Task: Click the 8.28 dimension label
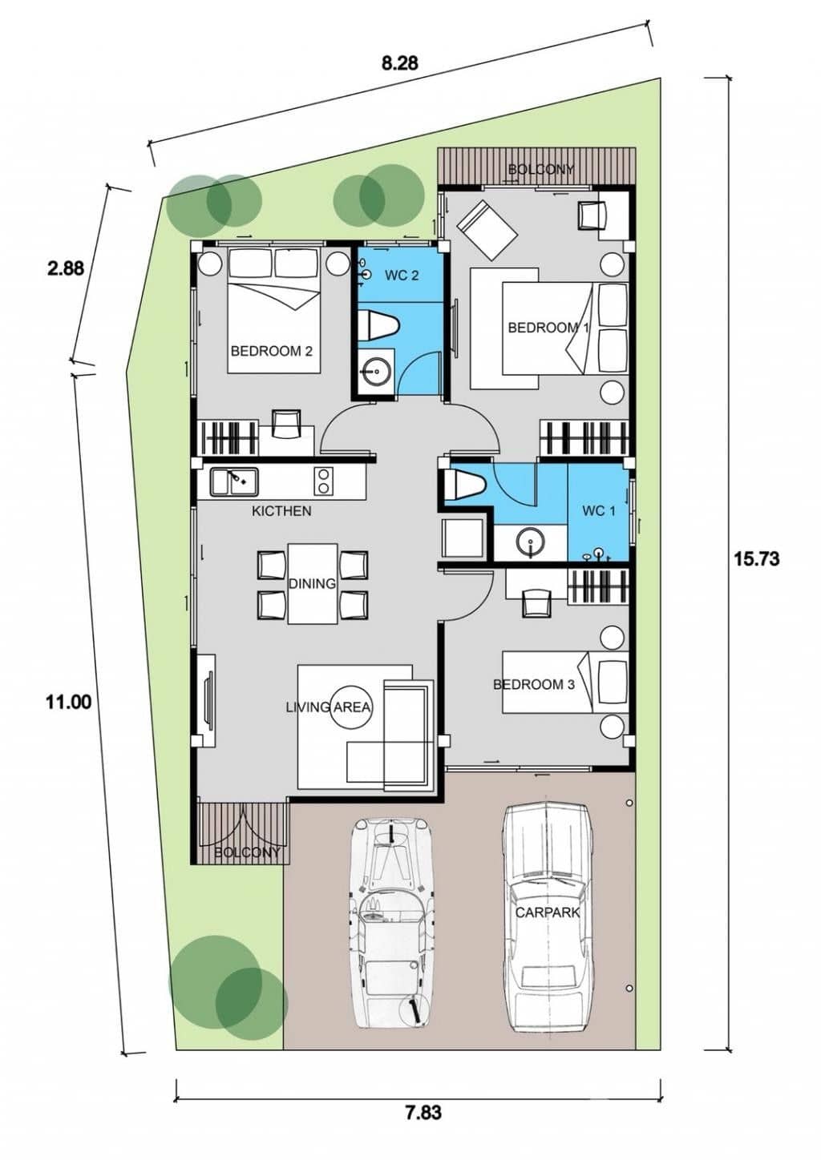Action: [x=399, y=62]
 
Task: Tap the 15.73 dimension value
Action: [x=756, y=558]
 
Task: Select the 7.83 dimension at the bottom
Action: [x=423, y=1112]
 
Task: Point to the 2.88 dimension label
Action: [x=66, y=268]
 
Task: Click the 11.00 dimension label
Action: [x=68, y=703]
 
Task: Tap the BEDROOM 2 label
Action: [x=271, y=351]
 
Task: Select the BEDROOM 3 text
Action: [x=533, y=684]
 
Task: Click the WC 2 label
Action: [x=402, y=276]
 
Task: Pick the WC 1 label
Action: [x=598, y=511]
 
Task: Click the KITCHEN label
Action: [x=281, y=510]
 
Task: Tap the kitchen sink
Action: [x=234, y=481]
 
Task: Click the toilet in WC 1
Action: [x=466, y=485]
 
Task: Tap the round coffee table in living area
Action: [x=351, y=707]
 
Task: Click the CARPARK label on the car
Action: [x=548, y=912]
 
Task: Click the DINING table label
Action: [x=312, y=583]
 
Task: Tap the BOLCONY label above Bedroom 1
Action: [x=541, y=169]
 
